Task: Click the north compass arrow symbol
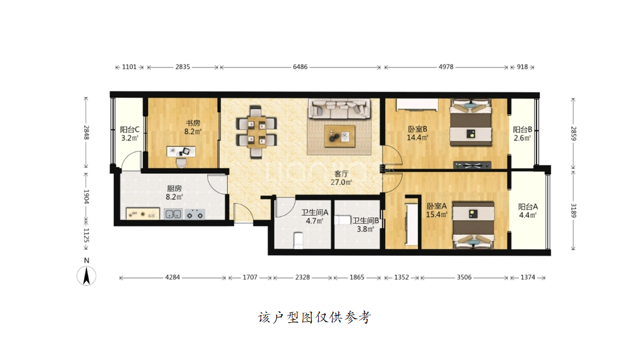pyautogui.click(x=86, y=275)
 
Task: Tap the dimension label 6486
pyautogui.click(x=300, y=66)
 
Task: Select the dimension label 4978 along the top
pyautogui.click(x=446, y=66)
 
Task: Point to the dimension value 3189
pyautogui.click(x=574, y=210)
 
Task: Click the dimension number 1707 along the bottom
pyautogui.click(x=250, y=277)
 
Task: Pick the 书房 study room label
pyautogui.click(x=193, y=124)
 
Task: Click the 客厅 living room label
pyautogui.click(x=341, y=174)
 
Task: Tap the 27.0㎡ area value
pyautogui.click(x=341, y=182)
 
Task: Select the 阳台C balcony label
pyautogui.click(x=130, y=130)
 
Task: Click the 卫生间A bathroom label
pyautogui.click(x=315, y=213)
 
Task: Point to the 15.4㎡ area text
pyautogui.click(x=437, y=214)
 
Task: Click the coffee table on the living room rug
pyautogui.click(x=339, y=136)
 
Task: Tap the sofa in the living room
pyautogui.click(x=339, y=109)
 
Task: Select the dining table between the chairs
pyautogui.click(x=256, y=132)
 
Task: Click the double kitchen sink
pyautogui.click(x=173, y=214)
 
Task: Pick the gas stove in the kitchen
pyautogui.click(x=195, y=214)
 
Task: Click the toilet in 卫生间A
pyautogui.click(x=299, y=240)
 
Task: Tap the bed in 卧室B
pyautogui.click(x=471, y=122)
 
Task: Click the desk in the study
pyautogui.click(x=181, y=151)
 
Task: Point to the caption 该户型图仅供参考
pyautogui.click(x=315, y=317)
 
